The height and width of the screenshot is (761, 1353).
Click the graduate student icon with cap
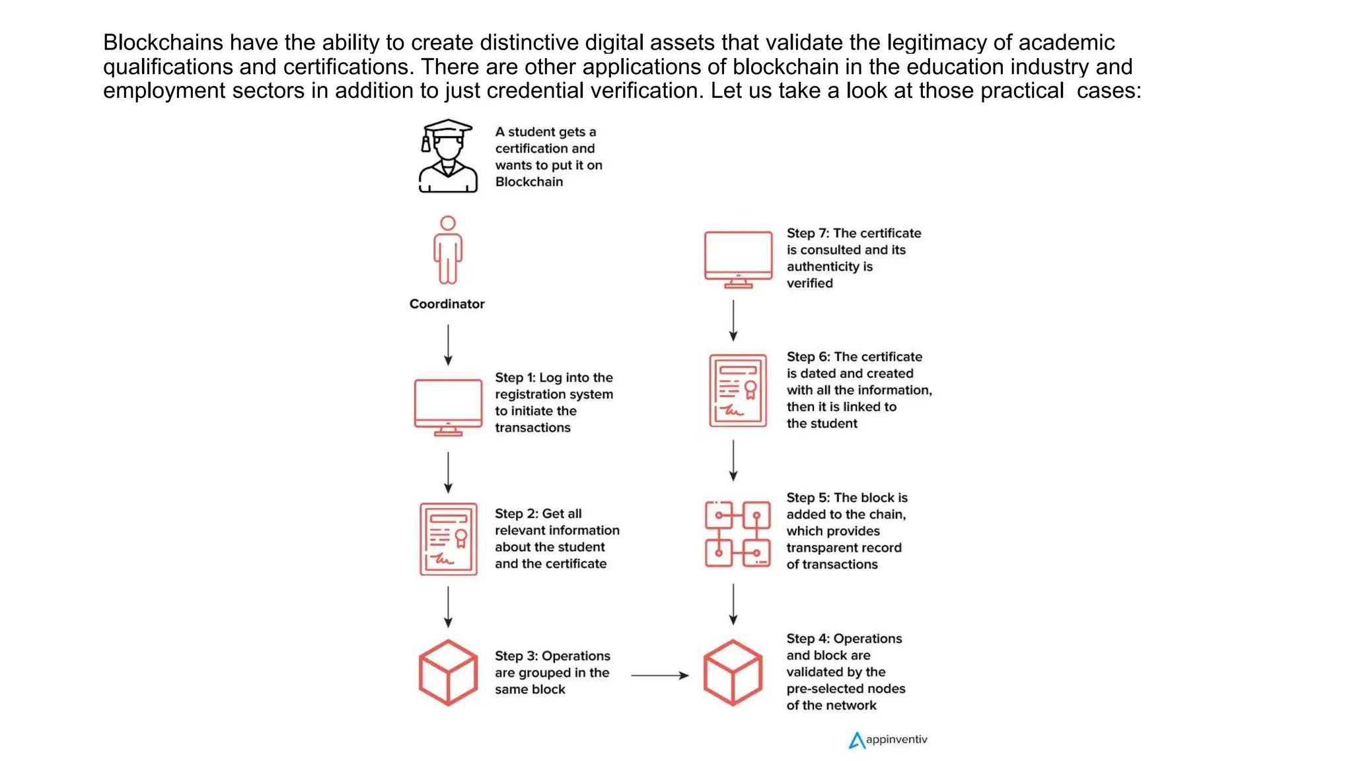click(x=448, y=157)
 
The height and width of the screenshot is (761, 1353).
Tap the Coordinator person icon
click(x=448, y=250)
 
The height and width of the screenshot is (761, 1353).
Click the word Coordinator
click(x=447, y=304)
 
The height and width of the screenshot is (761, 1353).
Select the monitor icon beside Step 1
click(x=448, y=407)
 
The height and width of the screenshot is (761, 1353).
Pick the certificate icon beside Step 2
click(x=448, y=539)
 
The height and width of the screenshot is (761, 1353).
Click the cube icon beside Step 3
click(x=448, y=672)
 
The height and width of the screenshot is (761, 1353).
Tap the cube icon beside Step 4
click(x=733, y=672)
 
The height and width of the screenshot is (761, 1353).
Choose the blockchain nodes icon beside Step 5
click(x=737, y=534)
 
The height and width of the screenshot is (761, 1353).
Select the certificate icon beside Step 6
click(x=738, y=390)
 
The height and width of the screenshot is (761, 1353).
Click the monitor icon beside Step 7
click(x=738, y=259)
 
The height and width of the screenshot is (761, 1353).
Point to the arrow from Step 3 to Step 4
click(x=659, y=675)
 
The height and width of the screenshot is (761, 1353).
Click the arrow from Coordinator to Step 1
click(x=448, y=345)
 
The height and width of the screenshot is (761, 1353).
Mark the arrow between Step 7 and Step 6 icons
click(x=733, y=320)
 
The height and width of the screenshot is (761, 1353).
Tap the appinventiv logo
click(x=888, y=740)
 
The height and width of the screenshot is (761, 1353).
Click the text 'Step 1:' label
click(x=515, y=378)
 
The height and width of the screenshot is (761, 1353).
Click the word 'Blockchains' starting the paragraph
click(x=163, y=43)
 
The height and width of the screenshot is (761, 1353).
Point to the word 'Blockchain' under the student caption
click(x=529, y=182)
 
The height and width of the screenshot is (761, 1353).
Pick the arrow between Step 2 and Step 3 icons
click(x=448, y=606)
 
